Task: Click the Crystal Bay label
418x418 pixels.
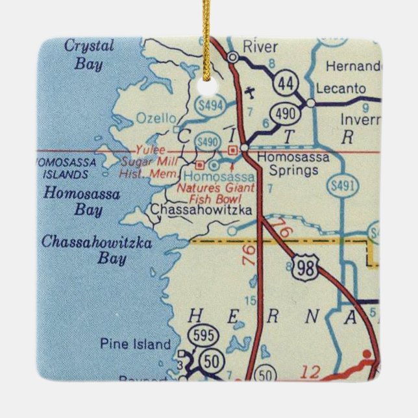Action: pos(89,55)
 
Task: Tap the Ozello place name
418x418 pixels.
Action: pos(156,118)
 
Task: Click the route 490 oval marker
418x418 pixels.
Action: pos(287,114)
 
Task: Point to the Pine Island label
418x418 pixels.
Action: pos(135,345)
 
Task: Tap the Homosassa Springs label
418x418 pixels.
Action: pos(293,164)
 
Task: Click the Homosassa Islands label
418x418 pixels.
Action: pos(65,168)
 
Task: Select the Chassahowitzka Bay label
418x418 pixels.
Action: pos(97,251)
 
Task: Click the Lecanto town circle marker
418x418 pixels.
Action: pos(311,103)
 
